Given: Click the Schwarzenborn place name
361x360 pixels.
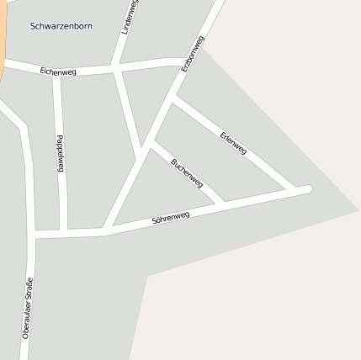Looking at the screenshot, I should click(x=61, y=26).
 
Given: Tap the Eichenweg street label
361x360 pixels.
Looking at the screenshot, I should click(x=58, y=72).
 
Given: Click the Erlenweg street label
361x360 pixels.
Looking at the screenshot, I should click(x=233, y=143).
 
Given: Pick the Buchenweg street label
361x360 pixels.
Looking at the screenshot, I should click(x=186, y=172).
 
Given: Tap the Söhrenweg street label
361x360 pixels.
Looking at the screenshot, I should click(x=170, y=218).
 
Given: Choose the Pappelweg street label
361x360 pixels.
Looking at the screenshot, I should click(x=61, y=153).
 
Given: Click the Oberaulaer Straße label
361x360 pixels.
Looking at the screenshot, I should click(x=28, y=308).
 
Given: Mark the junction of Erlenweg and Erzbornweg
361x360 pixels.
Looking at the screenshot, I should click(x=173, y=99).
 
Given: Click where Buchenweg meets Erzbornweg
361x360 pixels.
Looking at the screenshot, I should click(x=150, y=143).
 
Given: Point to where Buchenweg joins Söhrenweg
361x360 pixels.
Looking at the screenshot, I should click(x=221, y=204).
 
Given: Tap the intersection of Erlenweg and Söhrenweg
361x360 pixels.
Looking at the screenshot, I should click(x=294, y=190).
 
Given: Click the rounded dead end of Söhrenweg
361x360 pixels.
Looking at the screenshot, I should click(x=308, y=188).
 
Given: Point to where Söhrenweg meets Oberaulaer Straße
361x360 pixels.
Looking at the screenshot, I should click(x=34, y=233).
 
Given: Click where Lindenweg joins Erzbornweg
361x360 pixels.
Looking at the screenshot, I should click(x=137, y=158).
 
